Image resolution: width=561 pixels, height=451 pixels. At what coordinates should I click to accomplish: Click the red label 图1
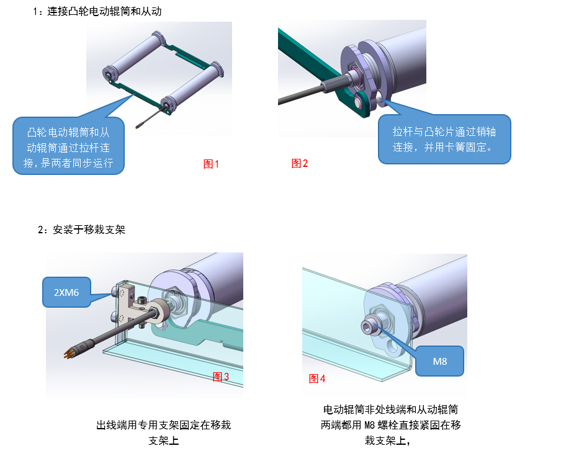211,164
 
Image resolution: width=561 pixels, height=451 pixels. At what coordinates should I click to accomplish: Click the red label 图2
300,163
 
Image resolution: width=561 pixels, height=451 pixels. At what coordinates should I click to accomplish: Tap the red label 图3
220,377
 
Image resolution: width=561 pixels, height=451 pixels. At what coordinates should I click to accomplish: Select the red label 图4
317,378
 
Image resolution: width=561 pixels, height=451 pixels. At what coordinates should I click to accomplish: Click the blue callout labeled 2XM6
66,292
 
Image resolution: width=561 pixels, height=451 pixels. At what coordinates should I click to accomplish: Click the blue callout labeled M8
440,361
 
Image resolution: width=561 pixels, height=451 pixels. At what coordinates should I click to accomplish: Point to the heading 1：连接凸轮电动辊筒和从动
97,11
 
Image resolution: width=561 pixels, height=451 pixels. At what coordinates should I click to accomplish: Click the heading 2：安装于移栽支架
81,230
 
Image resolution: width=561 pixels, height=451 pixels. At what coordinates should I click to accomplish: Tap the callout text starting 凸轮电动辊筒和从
68,148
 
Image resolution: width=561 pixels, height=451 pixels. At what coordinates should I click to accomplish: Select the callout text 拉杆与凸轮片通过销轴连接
444,139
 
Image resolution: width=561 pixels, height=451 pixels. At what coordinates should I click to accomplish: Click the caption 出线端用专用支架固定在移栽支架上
163,432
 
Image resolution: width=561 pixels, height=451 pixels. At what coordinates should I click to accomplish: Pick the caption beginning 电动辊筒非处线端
390,424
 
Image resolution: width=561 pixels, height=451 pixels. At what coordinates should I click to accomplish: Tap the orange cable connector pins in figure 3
69,353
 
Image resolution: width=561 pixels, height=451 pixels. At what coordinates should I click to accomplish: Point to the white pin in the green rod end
358,102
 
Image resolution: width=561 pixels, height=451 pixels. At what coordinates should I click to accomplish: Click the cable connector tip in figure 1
137,127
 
